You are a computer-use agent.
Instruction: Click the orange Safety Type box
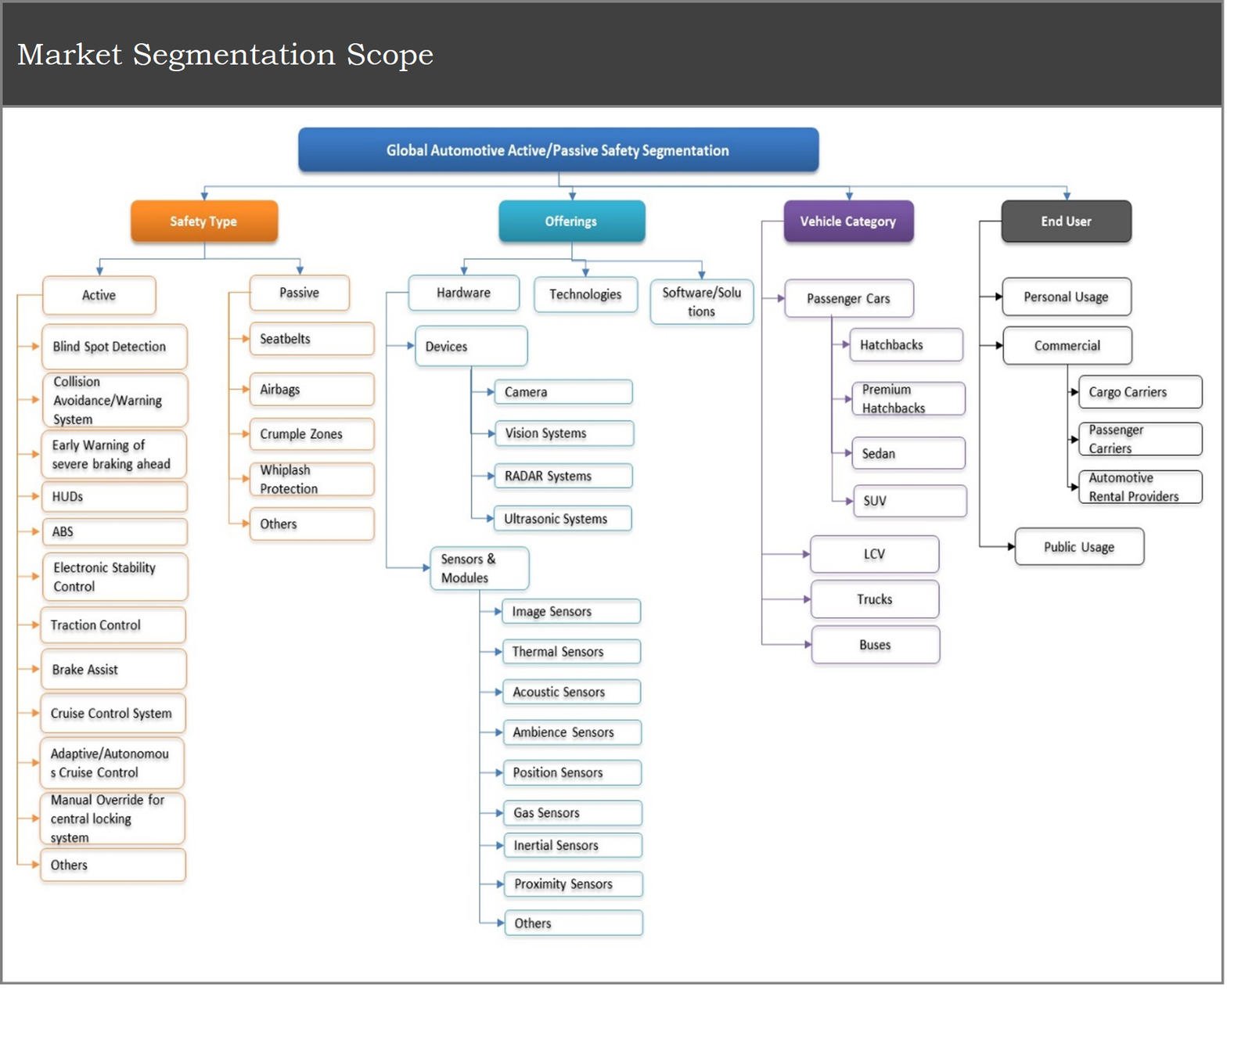203,221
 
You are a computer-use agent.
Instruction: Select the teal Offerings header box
571,221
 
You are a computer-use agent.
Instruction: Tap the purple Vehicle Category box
848,221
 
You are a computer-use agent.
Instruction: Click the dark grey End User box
1066,221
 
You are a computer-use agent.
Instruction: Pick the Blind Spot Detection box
114,347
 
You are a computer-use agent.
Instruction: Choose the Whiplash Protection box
311,479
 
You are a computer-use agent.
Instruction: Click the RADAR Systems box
563,476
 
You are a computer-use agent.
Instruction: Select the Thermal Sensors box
571,652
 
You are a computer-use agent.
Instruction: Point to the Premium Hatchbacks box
908,399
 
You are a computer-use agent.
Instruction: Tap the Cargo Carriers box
1139,392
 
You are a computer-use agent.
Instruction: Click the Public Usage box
1079,547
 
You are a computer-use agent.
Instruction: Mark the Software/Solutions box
701,302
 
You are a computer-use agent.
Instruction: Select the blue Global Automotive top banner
558,150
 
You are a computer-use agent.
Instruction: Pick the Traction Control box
113,625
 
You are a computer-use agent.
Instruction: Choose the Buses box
875,645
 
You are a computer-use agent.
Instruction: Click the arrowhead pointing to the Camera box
491,392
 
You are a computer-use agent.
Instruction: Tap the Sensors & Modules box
479,568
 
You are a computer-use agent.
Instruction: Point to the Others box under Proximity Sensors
573,923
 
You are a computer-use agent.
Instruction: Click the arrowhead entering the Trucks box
807,599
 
